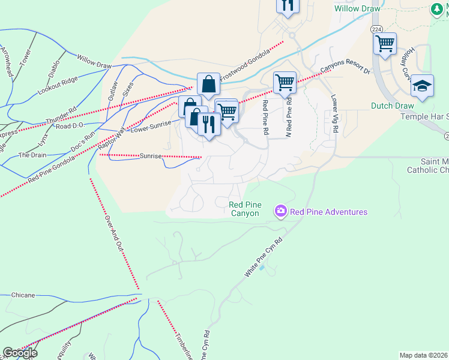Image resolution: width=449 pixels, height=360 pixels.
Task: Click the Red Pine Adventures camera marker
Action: (280, 211)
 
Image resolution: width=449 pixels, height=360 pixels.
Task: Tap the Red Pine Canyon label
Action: (244, 209)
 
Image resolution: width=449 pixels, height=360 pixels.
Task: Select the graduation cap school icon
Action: (423, 86)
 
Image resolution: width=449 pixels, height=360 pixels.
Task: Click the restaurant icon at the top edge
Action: (288, 5)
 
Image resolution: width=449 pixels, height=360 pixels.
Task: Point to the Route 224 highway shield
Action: (376, 29)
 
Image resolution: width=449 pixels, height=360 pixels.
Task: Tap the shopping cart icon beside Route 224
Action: (384, 43)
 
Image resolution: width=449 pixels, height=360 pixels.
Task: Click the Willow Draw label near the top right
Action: (358, 9)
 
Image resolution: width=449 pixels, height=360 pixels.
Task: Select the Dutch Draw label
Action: (393, 106)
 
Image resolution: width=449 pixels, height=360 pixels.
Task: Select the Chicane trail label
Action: (22, 295)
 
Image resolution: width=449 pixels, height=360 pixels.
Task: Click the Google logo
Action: (20, 353)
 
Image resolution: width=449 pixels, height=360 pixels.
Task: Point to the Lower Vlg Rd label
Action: (333, 114)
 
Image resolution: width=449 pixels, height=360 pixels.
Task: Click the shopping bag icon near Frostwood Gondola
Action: (208, 85)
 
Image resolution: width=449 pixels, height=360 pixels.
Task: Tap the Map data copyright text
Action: (424, 355)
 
